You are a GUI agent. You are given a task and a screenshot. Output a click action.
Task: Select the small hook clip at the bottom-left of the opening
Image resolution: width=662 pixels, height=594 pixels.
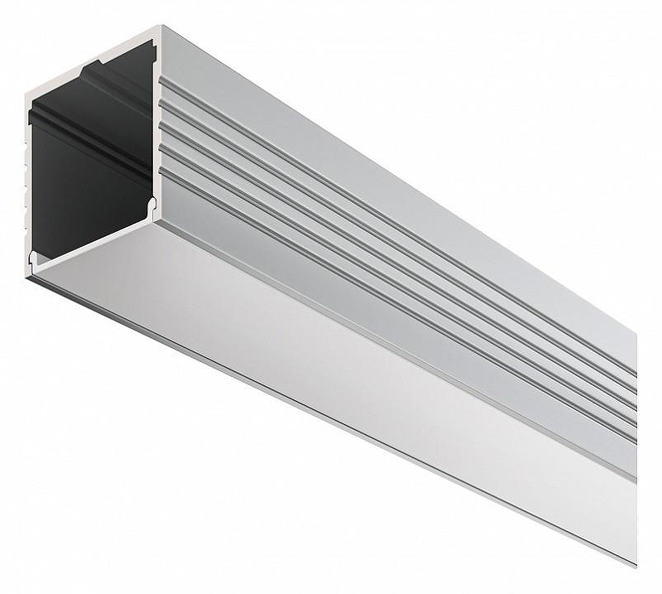pyautogui.click(x=34, y=258)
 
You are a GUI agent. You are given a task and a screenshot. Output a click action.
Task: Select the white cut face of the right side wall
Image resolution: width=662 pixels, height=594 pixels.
pyautogui.click(x=157, y=124)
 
